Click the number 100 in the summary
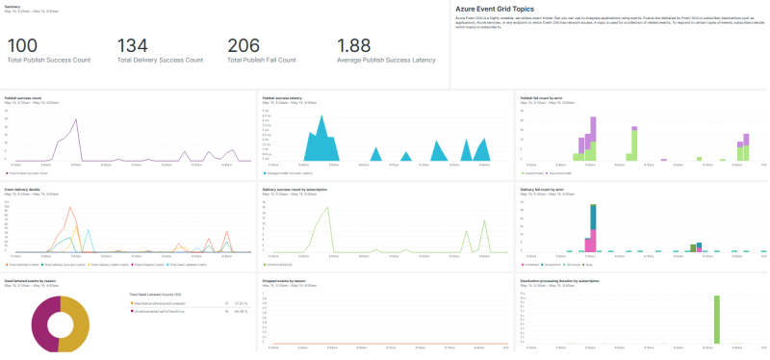(x=23, y=45)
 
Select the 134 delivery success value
(x=133, y=45)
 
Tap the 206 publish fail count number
(x=244, y=45)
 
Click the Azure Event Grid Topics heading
(x=494, y=9)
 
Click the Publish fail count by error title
(x=541, y=97)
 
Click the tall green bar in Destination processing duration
(x=716, y=319)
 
